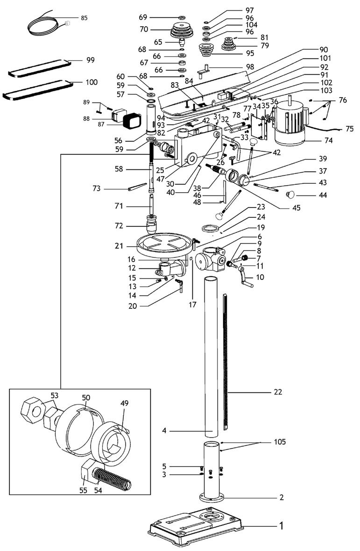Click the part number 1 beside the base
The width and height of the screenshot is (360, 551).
pos(281,526)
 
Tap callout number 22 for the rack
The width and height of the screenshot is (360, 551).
pos(278,391)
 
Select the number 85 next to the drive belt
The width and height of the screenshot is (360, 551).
pos(84,18)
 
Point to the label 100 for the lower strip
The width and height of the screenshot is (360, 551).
pos(92,82)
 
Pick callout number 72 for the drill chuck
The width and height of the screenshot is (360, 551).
pos(119,226)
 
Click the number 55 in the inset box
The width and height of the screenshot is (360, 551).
pos(83,490)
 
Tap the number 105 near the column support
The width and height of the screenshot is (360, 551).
pos(280,442)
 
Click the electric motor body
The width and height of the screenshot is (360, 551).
pos(290,125)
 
